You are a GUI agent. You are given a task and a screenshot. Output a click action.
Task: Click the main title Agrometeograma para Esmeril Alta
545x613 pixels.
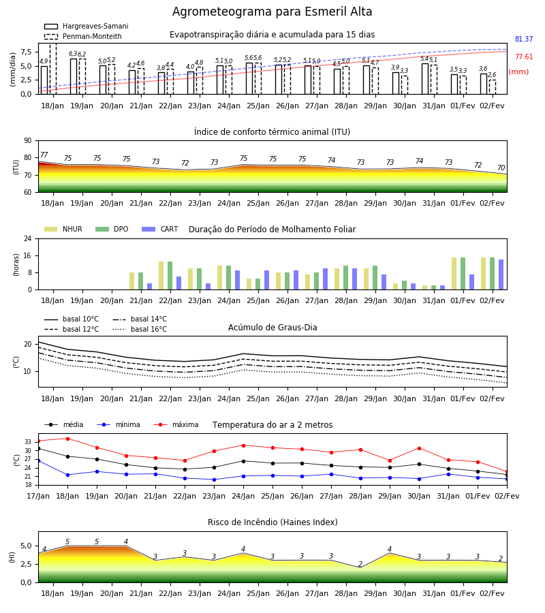pos(272,12)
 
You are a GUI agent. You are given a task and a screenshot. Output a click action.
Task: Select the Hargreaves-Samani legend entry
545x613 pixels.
pos(86,26)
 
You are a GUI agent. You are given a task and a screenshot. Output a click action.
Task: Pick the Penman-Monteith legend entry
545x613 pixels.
pos(83,36)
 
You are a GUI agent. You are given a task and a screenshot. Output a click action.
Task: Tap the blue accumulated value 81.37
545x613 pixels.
pos(524,39)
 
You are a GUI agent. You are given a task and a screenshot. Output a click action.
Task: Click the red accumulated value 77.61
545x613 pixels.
pos(524,57)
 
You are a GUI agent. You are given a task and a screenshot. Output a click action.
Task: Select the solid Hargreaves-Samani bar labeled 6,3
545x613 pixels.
pos(74,76)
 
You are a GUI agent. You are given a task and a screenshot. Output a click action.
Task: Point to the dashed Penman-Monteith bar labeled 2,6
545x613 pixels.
pos(493,87)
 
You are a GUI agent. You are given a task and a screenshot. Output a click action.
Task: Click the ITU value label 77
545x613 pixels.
pos(44,155)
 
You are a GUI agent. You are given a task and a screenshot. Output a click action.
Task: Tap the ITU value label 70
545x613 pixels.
pos(501,168)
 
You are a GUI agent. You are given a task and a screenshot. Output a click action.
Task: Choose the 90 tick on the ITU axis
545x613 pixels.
pos(28,141)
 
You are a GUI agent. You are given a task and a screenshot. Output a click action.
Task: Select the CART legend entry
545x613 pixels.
pos(160,229)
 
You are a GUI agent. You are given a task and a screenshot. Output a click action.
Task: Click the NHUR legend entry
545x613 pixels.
pos(63,229)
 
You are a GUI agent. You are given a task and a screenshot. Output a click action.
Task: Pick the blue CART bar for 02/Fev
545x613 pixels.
pos(501,274)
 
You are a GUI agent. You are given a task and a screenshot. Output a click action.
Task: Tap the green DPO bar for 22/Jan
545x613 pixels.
pos(170,276)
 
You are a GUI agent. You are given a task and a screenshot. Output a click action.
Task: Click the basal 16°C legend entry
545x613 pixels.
pos(140,329)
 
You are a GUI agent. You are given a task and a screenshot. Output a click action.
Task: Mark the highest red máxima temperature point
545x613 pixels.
pos(67,439)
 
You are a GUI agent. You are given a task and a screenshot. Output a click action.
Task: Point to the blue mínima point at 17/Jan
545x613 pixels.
pos(39,461)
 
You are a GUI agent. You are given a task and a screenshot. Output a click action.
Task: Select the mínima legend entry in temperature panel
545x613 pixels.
pos(119,424)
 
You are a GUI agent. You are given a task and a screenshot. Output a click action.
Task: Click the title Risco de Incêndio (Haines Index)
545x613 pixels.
pos(272,522)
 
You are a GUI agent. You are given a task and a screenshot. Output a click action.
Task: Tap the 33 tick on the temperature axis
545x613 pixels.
pos(28,442)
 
